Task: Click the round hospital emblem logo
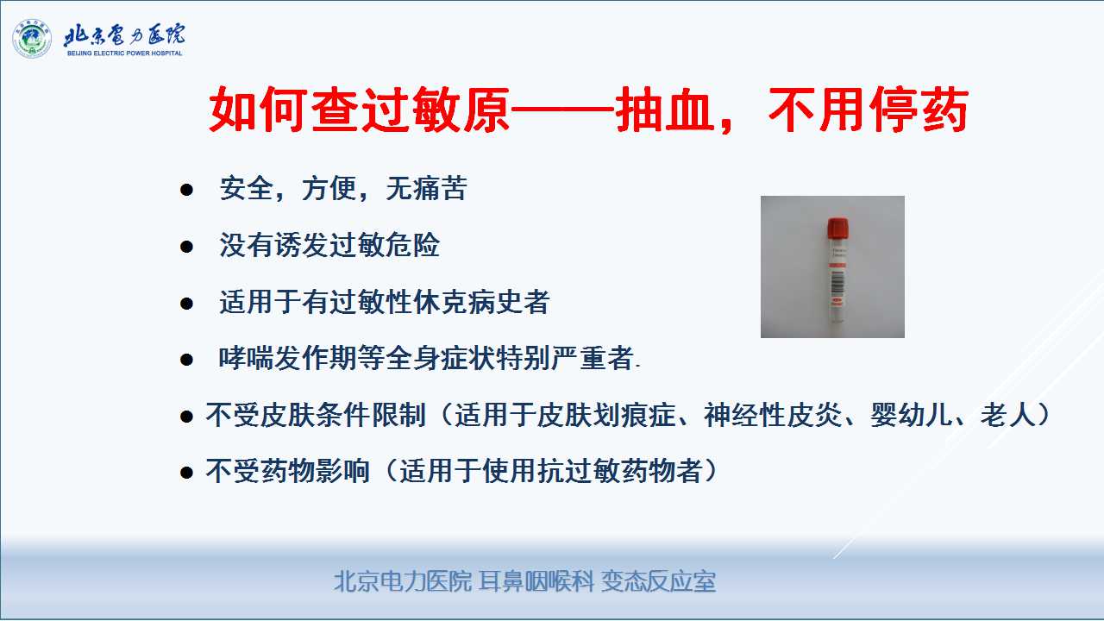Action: (32, 39)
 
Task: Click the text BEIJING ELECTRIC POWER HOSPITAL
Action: (125, 53)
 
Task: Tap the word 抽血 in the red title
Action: (665, 110)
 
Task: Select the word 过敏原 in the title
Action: (436, 110)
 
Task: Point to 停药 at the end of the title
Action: (919, 110)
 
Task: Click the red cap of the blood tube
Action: (837, 229)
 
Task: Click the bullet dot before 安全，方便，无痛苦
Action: (186, 190)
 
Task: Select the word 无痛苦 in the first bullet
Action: (426, 188)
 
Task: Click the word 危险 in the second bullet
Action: (412, 245)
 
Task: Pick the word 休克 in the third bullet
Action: (440, 302)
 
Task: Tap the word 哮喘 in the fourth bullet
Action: (246, 358)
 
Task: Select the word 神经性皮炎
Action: (774, 415)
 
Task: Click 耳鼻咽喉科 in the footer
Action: (536, 581)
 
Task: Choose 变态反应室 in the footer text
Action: (658, 581)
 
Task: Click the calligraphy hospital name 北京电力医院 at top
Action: (125, 34)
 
